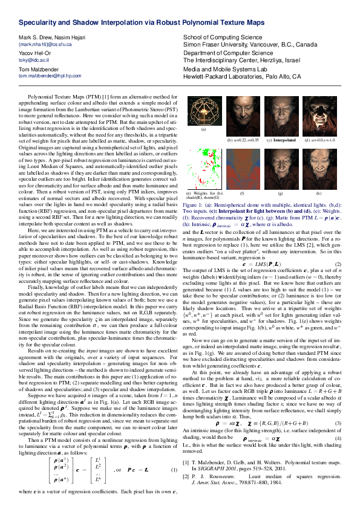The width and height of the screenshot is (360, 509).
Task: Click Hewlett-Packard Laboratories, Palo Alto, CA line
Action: pyautogui.click(x=241, y=77)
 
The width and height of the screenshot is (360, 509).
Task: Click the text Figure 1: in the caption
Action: pyautogui.click(x=193, y=206)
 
